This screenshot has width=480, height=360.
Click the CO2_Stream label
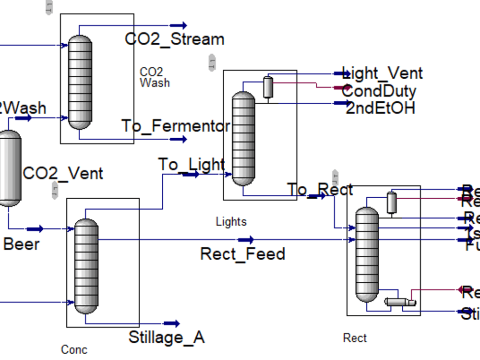click(x=175, y=39)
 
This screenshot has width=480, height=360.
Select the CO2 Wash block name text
click(x=155, y=77)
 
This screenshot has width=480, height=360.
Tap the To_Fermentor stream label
click(x=176, y=126)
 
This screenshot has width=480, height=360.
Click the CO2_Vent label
click(x=63, y=173)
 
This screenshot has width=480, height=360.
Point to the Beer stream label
click(x=22, y=244)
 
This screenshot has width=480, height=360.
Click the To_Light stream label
click(x=192, y=164)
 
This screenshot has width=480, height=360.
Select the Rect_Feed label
click(x=242, y=253)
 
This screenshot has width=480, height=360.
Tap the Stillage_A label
click(x=167, y=337)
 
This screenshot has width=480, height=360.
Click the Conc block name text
click(x=74, y=349)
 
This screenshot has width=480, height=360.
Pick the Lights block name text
click(x=231, y=222)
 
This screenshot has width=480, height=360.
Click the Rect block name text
click(x=355, y=338)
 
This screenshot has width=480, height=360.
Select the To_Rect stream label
click(x=320, y=190)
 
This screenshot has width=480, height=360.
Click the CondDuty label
click(x=379, y=91)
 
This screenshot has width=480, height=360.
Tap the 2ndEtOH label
click(x=380, y=108)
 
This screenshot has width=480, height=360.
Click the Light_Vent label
click(x=382, y=73)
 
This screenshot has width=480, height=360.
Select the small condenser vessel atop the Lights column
click(x=268, y=87)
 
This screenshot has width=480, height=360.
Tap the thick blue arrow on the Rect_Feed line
click(x=246, y=240)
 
